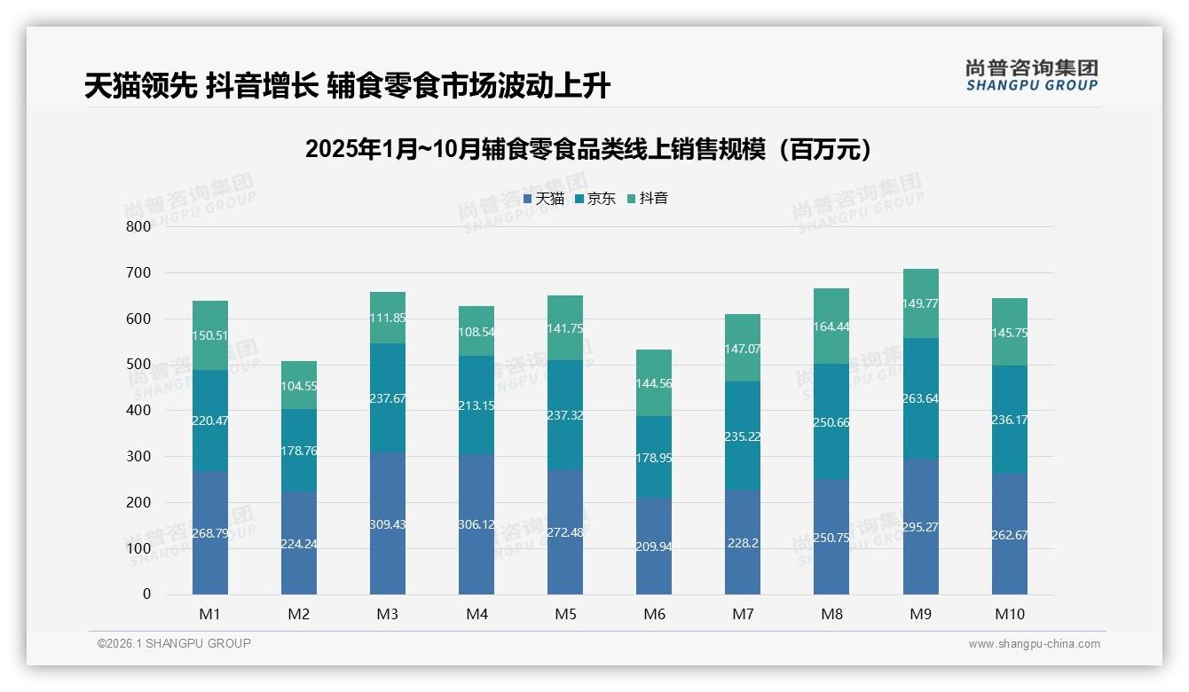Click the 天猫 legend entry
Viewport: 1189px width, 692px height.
[x=544, y=199]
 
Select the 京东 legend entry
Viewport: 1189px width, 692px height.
[x=595, y=199]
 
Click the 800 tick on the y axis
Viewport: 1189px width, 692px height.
[x=138, y=226]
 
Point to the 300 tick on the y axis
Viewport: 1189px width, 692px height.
[x=138, y=456]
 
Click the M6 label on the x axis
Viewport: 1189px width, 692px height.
[x=654, y=614]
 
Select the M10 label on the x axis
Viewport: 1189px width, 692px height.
[x=1009, y=614]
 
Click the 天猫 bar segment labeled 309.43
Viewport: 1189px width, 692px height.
[x=388, y=523]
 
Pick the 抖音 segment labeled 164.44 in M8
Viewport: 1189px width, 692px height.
[x=831, y=326]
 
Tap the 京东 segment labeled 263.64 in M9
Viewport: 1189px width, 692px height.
[x=920, y=398]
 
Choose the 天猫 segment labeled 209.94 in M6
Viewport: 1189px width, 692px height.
[x=654, y=547]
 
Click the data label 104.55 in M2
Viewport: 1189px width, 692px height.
[x=299, y=386]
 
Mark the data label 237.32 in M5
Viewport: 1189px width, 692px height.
[x=565, y=415]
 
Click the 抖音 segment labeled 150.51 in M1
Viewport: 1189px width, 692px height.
[x=210, y=335]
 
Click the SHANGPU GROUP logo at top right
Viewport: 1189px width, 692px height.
[x=1032, y=75]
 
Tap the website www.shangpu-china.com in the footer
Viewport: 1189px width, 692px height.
[x=1034, y=644]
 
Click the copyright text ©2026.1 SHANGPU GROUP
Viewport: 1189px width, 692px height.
[x=174, y=643]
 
